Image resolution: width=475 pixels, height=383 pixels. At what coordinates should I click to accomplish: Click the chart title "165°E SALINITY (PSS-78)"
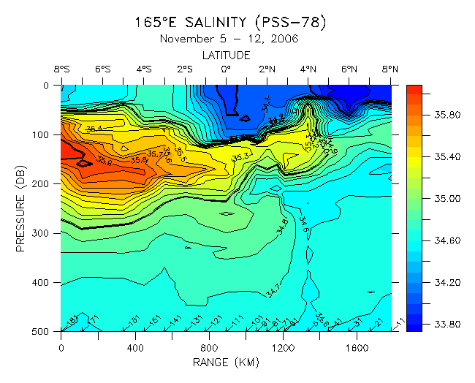(230, 22)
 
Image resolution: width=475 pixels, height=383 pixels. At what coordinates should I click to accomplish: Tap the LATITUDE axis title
(226, 55)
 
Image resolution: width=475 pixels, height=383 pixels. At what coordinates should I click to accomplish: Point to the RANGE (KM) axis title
(226, 362)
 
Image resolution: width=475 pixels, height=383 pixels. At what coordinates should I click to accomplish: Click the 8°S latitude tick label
(61, 69)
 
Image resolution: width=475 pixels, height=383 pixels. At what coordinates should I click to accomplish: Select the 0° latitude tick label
(226, 69)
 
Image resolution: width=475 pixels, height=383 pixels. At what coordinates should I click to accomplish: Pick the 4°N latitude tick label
(308, 69)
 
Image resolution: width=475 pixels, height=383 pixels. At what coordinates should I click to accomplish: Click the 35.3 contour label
(240, 158)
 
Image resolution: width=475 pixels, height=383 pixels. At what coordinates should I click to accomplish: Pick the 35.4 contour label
(94, 129)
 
